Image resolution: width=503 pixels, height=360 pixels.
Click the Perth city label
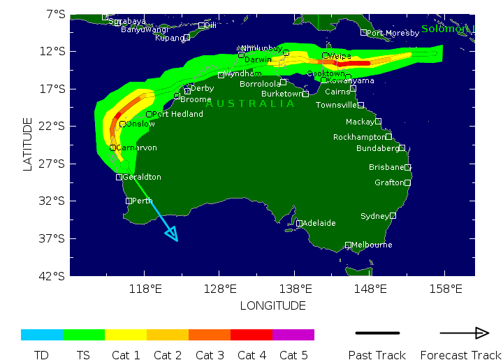click(x=143, y=201)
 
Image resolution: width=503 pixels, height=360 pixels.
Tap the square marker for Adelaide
click(x=299, y=224)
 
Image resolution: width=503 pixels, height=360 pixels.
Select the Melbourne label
click(x=372, y=245)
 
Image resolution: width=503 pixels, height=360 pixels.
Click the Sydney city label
click(x=374, y=217)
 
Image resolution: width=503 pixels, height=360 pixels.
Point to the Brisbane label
click(x=386, y=168)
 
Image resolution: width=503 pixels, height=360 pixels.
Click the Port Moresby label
click(x=394, y=33)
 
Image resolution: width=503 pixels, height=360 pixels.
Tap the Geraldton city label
click(x=142, y=178)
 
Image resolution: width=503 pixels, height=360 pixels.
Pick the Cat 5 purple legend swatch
click(x=293, y=335)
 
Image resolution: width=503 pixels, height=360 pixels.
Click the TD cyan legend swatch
click(x=42, y=335)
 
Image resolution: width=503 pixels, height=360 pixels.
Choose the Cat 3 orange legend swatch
click(x=210, y=335)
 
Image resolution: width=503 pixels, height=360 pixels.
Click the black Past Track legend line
click(x=377, y=333)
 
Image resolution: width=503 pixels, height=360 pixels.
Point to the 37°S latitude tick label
click(x=55, y=238)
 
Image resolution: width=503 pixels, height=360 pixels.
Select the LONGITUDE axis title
click(x=272, y=306)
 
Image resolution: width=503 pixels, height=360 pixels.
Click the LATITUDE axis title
click(x=28, y=144)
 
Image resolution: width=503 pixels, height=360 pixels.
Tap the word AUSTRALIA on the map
click(x=250, y=104)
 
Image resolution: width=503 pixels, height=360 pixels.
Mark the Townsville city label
click(x=336, y=106)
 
